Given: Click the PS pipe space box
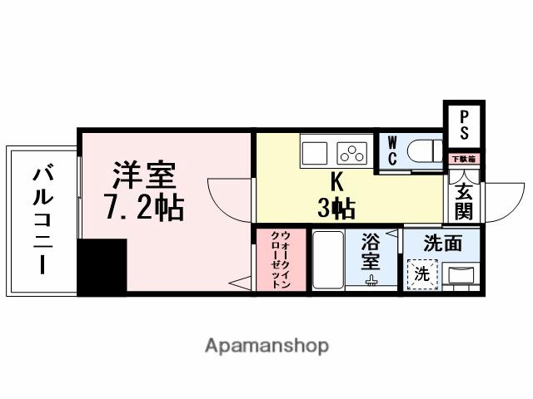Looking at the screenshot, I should click(x=464, y=125).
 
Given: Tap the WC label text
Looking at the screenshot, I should click(x=391, y=150).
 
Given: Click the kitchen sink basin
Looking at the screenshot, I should click(x=316, y=152).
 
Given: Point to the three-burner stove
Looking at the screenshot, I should click(x=351, y=152).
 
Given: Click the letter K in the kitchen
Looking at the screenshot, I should click(x=336, y=180).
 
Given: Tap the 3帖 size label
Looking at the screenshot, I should click(x=336, y=208).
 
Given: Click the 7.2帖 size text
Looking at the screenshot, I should click(x=143, y=208).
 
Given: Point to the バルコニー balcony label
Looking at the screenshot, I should click(x=42, y=220).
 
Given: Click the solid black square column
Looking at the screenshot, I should click(x=101, y=266).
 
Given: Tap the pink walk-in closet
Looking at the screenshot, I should click(x=280, y=259).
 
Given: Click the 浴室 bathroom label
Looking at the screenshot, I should click(x=371, y=252).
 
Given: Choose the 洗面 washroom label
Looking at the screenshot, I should click(x=442, y=244).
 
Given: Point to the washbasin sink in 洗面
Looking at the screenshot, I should click(x=461, y=274).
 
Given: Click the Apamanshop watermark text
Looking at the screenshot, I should click(x=266, y=345).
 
